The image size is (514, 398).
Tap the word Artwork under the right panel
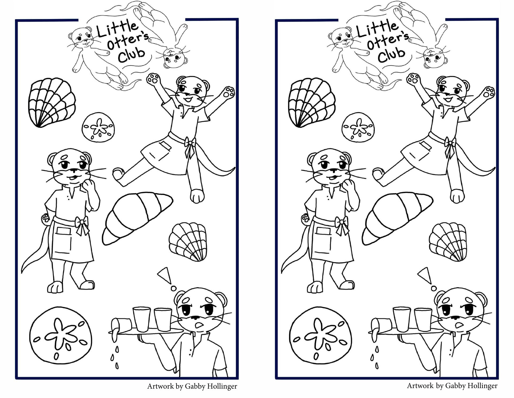420,386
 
